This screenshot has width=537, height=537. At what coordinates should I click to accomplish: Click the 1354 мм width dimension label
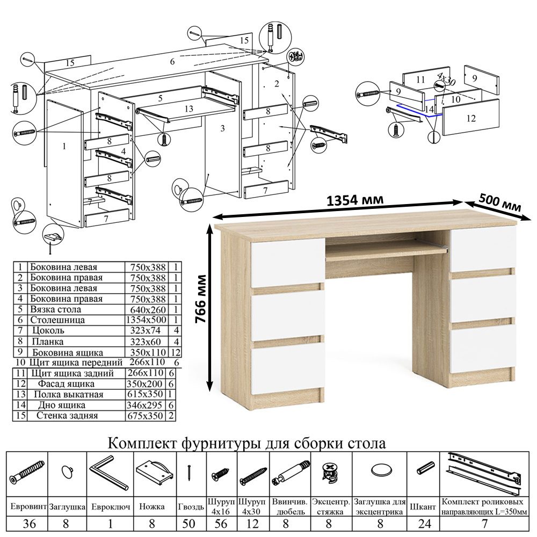click(x=355, y=200)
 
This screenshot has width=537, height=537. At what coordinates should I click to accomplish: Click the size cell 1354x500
click(x=146, y=320)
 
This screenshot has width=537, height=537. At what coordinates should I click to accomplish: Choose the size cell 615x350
click(x=146, y=395)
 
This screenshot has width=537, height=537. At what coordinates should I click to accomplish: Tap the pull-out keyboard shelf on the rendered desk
click(x=386, y=250)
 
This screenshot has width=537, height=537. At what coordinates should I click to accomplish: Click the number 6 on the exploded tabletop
click(x=172, y=62)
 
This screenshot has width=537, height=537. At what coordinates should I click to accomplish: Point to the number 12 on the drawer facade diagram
click(x=470, y=119)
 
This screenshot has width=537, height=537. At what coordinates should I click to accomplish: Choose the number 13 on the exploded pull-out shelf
click(x=188, y=108)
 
